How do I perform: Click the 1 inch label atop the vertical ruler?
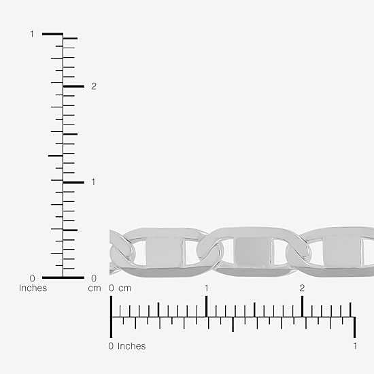point(32,34)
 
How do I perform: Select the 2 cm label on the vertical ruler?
point(94,86)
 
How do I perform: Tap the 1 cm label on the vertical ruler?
point(93,182)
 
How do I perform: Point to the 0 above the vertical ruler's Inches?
point(32,278)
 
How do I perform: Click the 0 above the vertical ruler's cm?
point(94,278)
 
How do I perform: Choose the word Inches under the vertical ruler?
point(33,288)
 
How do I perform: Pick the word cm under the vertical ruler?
point(95,288)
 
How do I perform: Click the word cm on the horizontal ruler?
point(125,288)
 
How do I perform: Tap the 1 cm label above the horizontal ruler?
point(206,288)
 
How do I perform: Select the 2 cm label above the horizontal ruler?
point(302,288)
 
